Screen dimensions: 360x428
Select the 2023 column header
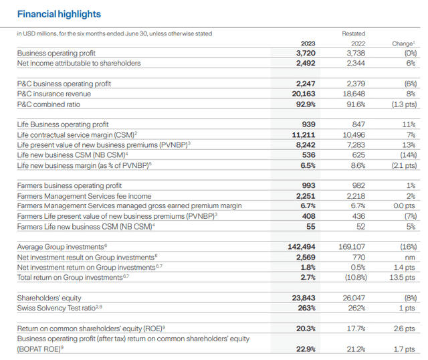[305, 43]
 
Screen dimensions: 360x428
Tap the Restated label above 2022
[353, 33]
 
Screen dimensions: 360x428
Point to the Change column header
[403, 43]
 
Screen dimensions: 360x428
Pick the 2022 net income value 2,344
[355, 63]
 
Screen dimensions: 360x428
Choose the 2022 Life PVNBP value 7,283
[355, 145]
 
